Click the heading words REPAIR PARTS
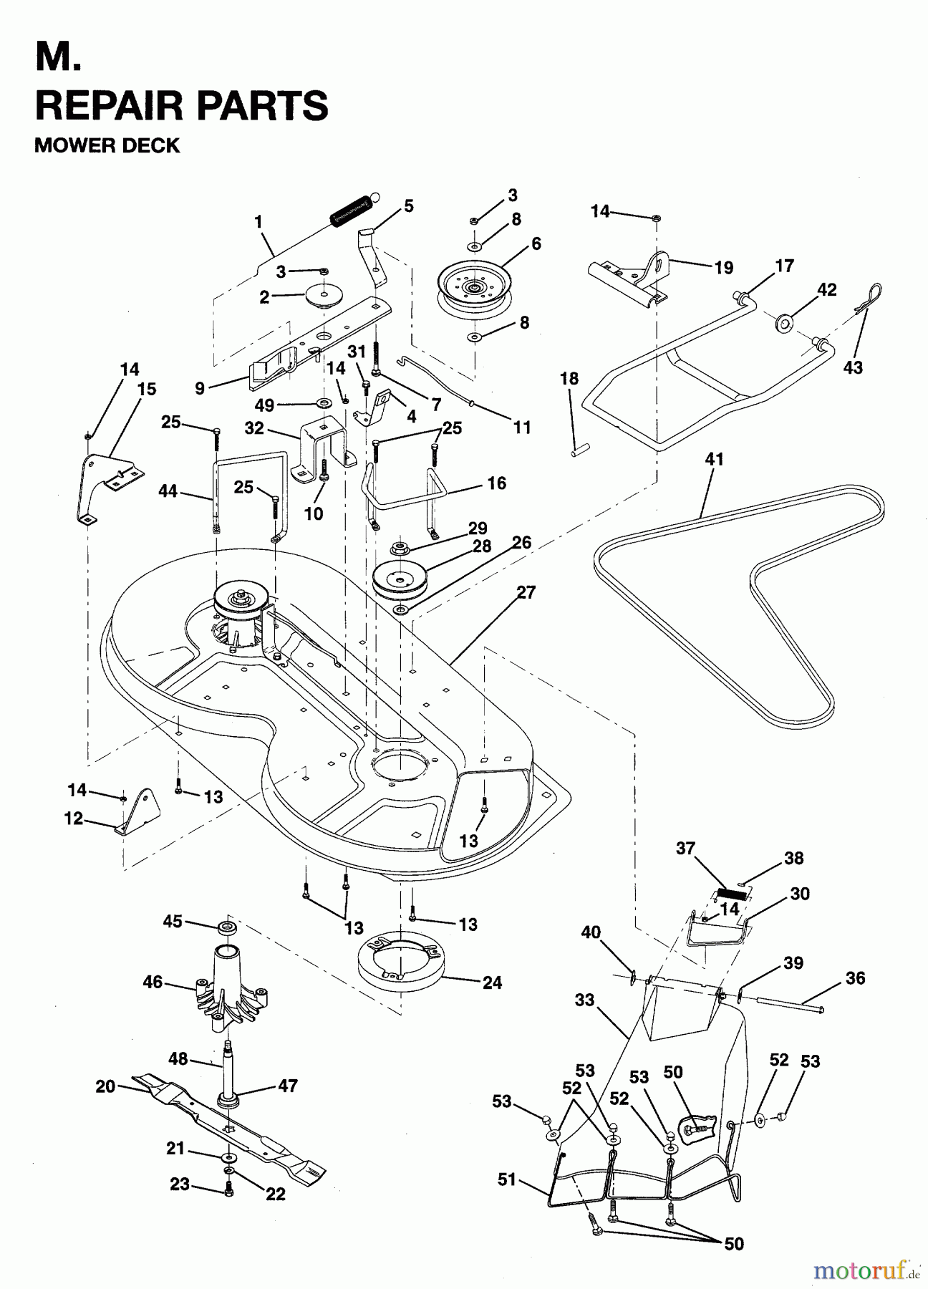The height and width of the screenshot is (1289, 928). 181,105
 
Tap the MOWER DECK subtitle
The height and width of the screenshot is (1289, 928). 107,145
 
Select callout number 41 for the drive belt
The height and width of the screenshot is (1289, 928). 714,459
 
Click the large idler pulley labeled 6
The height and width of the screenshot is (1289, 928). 475,286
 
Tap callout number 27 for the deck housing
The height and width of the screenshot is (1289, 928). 526,593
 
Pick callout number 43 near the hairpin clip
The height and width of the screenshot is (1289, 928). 853,367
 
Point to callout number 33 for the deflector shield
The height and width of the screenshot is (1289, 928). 584,1000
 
